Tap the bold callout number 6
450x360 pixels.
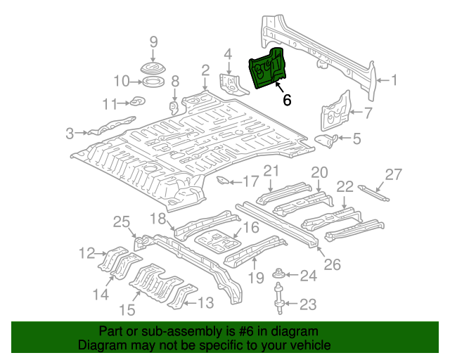[x=287, y=100]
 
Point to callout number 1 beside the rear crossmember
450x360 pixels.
[x=394, y=80]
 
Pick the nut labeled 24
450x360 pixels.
[x=281, y=274]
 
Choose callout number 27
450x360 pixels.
[x=394, y=176]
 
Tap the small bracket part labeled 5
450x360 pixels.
[x=326, y=140]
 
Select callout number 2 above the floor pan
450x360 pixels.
[x=205, y=70]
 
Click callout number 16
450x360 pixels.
[x=251, y=226]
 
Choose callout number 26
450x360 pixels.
[x=332, y=264]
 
